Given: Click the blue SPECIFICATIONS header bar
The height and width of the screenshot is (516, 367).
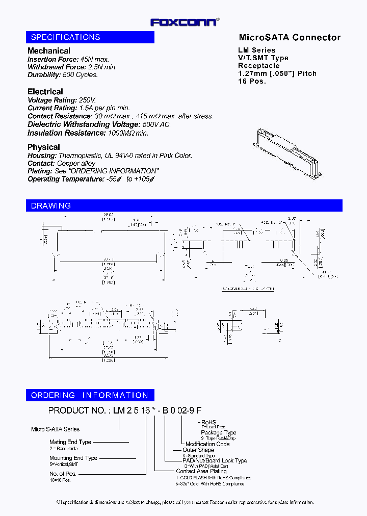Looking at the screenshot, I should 90,37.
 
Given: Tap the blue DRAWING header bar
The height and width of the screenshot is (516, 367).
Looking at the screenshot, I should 184,205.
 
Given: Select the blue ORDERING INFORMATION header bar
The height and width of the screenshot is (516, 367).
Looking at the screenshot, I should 90,395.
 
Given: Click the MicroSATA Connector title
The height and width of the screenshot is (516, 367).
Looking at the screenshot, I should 290,37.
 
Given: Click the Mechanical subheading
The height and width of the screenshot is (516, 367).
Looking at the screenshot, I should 49,51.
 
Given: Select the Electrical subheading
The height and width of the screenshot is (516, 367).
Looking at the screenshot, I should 45,92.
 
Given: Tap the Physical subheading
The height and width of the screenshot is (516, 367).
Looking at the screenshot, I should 44,147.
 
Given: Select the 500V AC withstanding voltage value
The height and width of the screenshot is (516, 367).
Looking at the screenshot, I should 156,124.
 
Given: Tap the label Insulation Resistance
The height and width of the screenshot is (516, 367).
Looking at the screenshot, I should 66,133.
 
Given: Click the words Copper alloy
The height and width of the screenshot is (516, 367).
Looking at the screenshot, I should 76,163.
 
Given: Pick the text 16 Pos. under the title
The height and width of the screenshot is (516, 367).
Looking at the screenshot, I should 252,81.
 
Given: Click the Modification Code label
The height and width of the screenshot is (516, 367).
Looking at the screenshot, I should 207,444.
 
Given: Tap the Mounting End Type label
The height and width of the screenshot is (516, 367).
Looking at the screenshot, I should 73,458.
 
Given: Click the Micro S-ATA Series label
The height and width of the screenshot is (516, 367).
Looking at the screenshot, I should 56,429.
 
